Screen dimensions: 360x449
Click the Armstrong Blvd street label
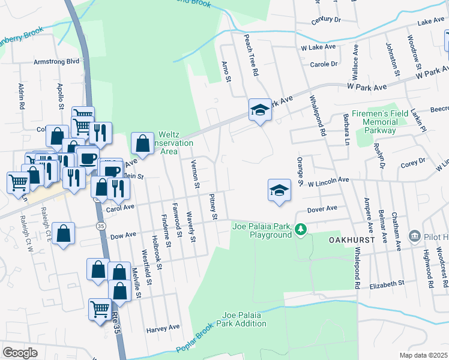click(x=56, y=61)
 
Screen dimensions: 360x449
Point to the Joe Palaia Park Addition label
click(x=244, y=319)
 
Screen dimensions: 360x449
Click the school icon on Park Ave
click(x=259, y=110)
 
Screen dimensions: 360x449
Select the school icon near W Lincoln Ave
click(x=278, y=191)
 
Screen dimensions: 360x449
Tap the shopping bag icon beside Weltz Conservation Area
click(x=142, y=143)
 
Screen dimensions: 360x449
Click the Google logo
click(x=20, y=353)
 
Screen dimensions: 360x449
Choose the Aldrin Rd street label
click(x=21, y=97)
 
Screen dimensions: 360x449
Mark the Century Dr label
click(x=325, y=20)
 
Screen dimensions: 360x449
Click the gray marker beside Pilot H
click(x=414, y=236)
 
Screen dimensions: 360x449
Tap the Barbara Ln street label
click(x=346, y=130)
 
